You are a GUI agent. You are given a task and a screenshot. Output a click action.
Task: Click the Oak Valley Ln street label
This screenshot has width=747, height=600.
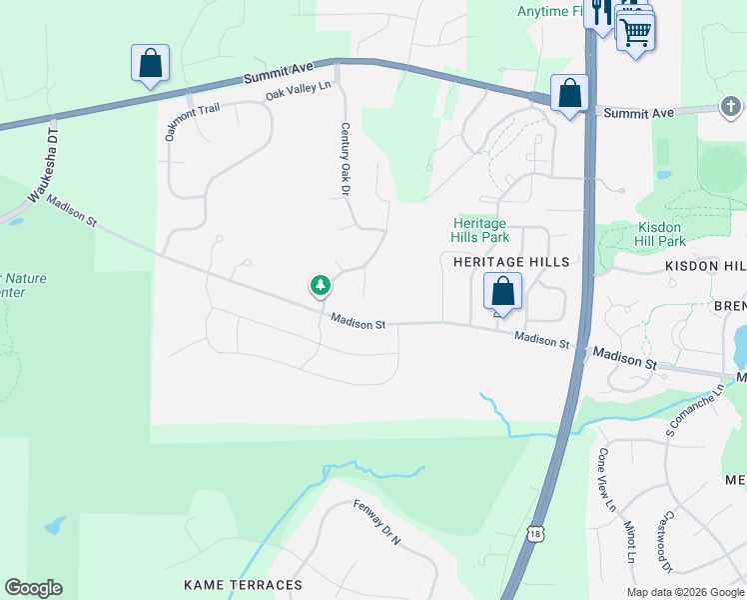pyautogui.click(x=298, y=91)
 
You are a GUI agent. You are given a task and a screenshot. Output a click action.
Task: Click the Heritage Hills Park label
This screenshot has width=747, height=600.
pyautogui.click(x=480, y=230)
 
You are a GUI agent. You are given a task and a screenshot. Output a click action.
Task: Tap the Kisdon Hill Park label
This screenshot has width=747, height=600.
pyautogui.click(x=660, y=234)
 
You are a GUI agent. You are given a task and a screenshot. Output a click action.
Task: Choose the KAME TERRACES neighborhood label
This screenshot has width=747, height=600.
pyautogui.click(x=243, y=584)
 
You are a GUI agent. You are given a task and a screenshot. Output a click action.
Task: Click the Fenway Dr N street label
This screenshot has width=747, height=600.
pyautogui.click(x=376, y=522)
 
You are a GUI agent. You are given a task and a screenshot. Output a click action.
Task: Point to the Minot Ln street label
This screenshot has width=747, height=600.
pyautogui.click(x=630, y=540)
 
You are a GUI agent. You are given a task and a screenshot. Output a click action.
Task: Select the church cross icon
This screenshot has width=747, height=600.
pyautogui.click(x=730, y=106)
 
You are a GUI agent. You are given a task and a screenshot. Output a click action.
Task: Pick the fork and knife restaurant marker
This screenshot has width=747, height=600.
pyautogui.click(x=600, y=12)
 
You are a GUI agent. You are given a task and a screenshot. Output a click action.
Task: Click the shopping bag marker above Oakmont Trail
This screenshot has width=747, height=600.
pyautogui.click(x=150, y=63)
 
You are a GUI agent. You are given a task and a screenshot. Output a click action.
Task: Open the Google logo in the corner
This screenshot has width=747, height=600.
pyautogui.click(x=33, y=588)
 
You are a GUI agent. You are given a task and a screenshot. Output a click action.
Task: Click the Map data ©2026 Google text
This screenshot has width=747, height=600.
pyautogui.click(x=685, y=592)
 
